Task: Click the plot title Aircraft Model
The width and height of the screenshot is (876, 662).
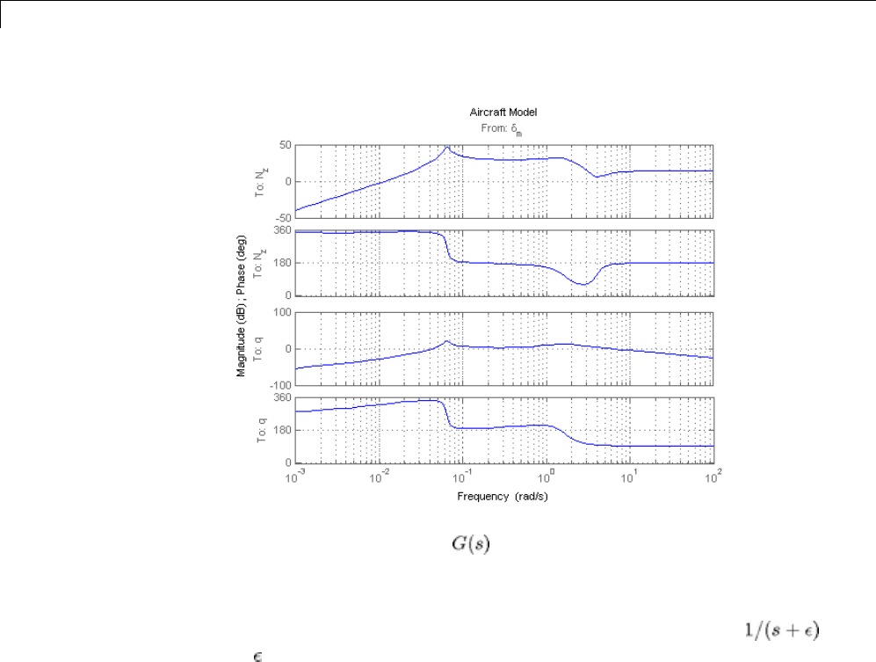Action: (503, 113)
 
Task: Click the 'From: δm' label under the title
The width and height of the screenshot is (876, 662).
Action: (503, 128)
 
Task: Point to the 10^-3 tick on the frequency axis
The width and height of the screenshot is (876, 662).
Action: (296, 475)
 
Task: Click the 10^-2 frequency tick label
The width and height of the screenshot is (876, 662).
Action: (380, 475)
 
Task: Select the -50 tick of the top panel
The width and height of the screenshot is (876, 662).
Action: (282, 219)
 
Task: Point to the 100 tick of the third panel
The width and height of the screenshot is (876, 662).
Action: (282, 312)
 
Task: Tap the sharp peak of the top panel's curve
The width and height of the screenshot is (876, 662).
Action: (446, 147)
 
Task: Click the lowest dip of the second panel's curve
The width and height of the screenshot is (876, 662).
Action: (584, 285)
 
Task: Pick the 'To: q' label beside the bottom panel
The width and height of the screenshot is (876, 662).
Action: (261, 430)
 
